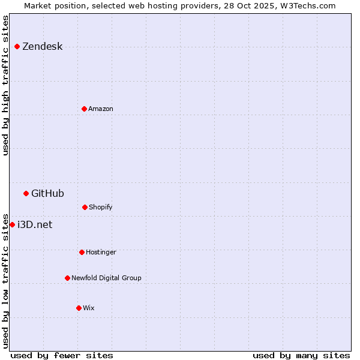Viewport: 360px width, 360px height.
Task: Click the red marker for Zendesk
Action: point(17,46)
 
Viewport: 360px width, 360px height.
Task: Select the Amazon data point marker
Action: point(84,109)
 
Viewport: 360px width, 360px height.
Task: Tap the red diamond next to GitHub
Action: point(26,193)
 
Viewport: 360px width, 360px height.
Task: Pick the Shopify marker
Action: point(85,207)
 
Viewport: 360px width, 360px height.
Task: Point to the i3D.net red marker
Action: point(12,224)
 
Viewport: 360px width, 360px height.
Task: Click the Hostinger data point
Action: point(82,252)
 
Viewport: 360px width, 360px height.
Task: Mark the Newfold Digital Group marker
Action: point(67,278)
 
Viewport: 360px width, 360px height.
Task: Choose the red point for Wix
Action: point(79,308)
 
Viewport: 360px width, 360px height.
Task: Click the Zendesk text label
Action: point(42,47)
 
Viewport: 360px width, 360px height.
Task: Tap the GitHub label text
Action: point(47,193)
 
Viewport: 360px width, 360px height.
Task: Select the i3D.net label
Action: point(35,225)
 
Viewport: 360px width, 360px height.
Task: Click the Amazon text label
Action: point(101,109)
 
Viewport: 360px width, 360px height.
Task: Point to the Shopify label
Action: point(101,208)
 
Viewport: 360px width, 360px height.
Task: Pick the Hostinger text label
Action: point(101,253)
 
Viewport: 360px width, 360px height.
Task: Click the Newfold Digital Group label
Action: point(106,278)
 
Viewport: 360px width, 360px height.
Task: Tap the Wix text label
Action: point(89,308)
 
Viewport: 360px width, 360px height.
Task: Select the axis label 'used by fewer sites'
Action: point(62,355)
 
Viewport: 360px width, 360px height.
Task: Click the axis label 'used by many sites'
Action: point(301,355)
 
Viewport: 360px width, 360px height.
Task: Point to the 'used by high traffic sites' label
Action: point(5,85)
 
